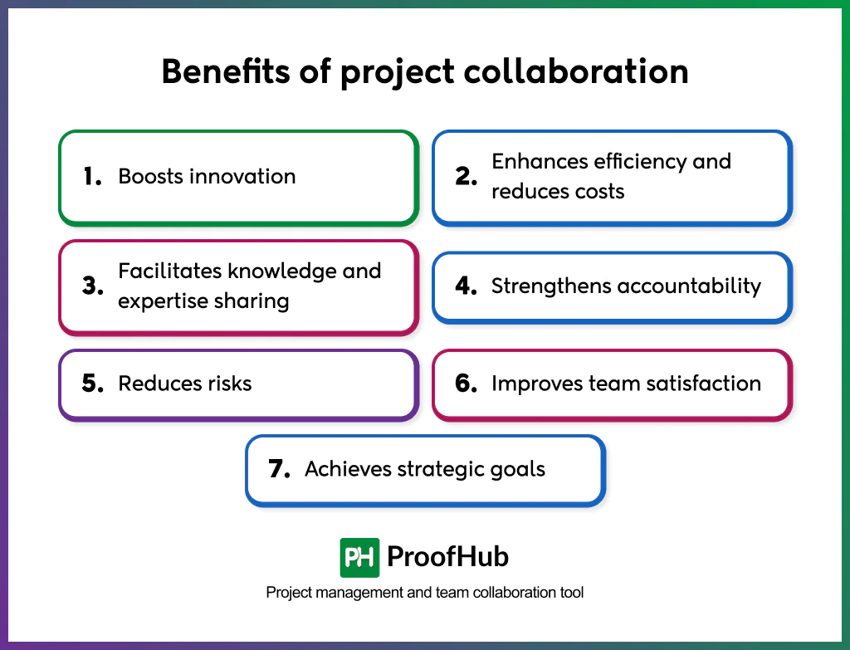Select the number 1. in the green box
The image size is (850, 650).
click(x=92, y=176)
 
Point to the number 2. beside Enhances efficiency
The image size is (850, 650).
click(x=466, y=176)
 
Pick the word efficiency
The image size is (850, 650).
click(x=638, y=161)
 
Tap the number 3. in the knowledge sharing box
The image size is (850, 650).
click(x=92, y=286)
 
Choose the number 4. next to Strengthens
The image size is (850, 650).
click(x=466, y=286)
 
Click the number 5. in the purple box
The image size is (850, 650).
click(x=92, y=383)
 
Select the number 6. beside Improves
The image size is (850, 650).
click(x=466, y=383)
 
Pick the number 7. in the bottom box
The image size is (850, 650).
click(x=279, y=469)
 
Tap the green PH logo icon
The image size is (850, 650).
click(x=359, y=557)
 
